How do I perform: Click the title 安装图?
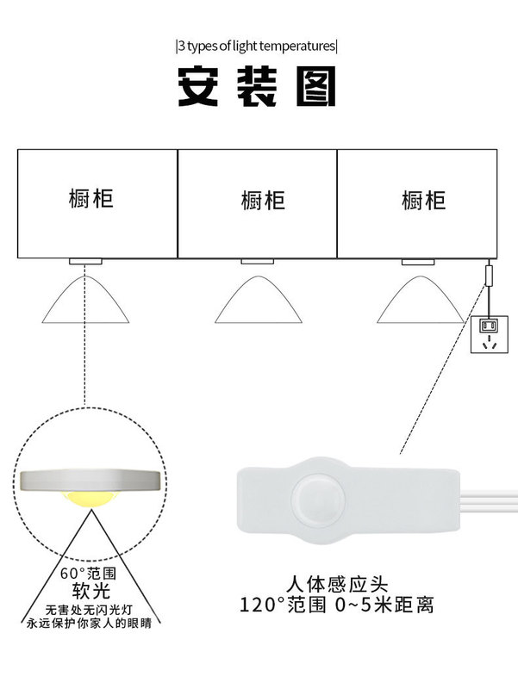point(257,86)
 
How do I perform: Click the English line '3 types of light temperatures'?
point(257,46)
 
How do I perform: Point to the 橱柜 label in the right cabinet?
point(423,201)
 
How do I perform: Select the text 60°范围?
point(84,573)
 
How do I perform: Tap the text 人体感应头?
point(337,583)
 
